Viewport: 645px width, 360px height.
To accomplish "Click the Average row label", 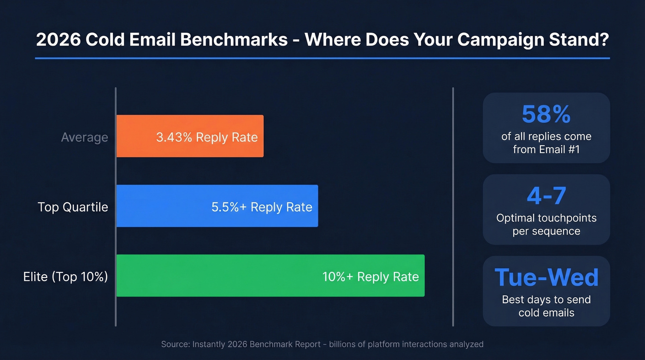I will pyautogui.click(x=85, y=137).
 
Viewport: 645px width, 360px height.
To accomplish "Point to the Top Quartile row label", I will pyautogui.click(x=73, y=207).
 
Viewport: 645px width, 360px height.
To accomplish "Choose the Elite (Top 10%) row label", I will pyautogui.click(x=65, y=277).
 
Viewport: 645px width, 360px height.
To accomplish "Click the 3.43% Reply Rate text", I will pyautogui.click(x=207, y=137).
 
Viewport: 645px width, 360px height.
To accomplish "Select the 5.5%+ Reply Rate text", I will pyautogui.click(x=262, y=207).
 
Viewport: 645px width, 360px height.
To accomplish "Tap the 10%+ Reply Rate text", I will pyautogui.click(x=370, y=277).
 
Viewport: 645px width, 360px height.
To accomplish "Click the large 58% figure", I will pyautogui.click(x=546, y=114).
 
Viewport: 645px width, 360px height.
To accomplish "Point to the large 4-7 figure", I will pyautogui.click(x=546, y=196).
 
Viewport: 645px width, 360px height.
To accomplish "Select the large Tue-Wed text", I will pyautogui.click(x=546, y=277).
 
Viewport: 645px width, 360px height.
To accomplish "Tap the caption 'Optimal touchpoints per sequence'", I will pyautogui.click(x=546, y=224).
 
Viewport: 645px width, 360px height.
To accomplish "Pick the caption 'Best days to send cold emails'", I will pyautogui.click(x=546, y=306).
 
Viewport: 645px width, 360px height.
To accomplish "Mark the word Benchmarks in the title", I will pyautogui.click(x=234, y=40).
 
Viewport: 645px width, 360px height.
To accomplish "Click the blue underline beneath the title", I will pyautogui.click(x=322, y=58).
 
